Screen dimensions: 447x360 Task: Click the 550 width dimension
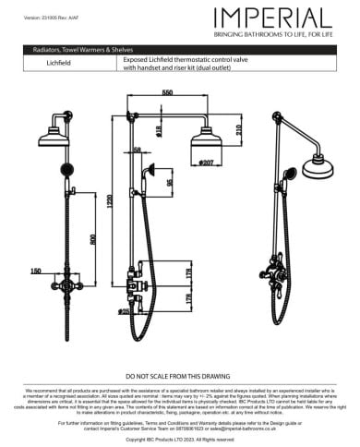pos(167,94)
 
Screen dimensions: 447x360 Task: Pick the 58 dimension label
pos(138,149)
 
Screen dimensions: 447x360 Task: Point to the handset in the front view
pos(67,171)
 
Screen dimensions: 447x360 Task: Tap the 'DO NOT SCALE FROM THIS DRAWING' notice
pos(179,377)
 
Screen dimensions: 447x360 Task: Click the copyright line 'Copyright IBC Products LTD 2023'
pos(179,437)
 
